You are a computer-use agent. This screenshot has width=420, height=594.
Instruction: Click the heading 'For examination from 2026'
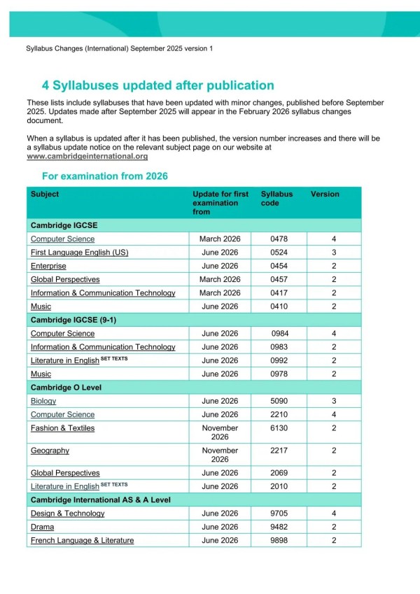click(x=104, y=176)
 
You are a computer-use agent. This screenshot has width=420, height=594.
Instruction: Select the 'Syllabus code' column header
click(x=276, y=199)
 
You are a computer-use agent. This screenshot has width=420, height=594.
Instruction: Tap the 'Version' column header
click(x=325, y=195)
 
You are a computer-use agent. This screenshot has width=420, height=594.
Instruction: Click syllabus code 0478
click(x=279, y=239)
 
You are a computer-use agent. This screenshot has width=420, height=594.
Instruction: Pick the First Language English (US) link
click(x=79, y=253)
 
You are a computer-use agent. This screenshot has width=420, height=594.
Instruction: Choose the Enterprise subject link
click(x=48, y=266)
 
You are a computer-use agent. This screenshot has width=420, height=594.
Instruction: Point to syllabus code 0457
click(x=279, y=280)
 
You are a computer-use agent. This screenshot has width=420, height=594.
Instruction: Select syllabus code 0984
click(x=279, y=334)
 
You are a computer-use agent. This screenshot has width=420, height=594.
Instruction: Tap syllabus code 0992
click(x=279, y=360)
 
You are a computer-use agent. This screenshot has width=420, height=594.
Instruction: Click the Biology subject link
click(x=43, y=401)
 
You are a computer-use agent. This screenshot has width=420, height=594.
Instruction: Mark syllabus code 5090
click(x=279, y=401)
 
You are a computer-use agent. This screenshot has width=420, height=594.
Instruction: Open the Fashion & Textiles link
click(x=62, y=428)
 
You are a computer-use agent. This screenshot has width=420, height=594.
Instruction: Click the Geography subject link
click(x=50, y=451)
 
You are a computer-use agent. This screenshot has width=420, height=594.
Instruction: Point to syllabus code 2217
click(x=279, y=451)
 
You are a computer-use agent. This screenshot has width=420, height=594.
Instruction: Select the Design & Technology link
click(x=67, y=514)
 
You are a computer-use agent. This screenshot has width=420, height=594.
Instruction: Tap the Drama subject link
click(x=42, y=527)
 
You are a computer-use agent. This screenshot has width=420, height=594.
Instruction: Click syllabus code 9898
click(x=279, y=540)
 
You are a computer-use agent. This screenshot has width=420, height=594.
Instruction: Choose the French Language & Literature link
click(x=82, y=540)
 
